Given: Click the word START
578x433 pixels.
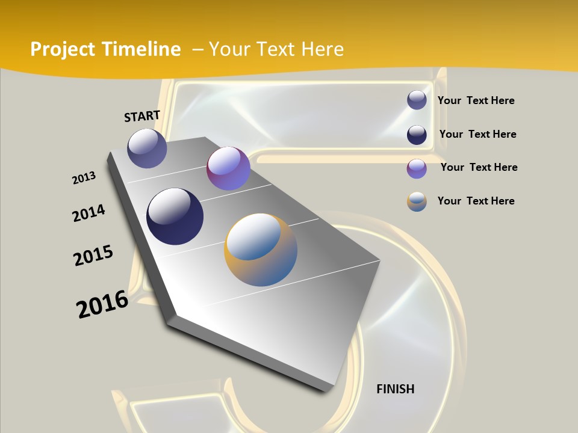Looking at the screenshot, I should (142, 116).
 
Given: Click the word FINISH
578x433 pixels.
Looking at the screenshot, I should (395, 389).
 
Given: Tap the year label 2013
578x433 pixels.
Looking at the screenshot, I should (84, 178).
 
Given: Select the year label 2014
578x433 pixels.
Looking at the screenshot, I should (89, 213).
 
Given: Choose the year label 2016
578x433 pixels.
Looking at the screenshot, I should (102, 304).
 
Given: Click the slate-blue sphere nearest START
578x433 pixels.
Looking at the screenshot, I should (147, 148).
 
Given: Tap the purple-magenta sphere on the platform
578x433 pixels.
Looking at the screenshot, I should (228, 168).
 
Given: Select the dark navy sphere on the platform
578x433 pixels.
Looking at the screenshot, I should (175, 216).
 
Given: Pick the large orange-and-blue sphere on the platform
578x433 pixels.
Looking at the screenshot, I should (261, 250).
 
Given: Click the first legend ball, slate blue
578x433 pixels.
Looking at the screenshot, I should (417, 100).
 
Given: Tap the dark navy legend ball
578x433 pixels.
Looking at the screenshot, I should (417, 135).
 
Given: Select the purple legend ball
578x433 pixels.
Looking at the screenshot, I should (417, 168).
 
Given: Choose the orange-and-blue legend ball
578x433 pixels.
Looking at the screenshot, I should (417, 201).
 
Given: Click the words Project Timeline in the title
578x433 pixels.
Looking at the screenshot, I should (105, 49).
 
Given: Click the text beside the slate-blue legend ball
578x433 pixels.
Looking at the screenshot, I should (476, 100).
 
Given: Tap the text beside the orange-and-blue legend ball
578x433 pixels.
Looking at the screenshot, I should (476, 201).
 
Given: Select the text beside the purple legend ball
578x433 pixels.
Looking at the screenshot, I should (479, 167).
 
